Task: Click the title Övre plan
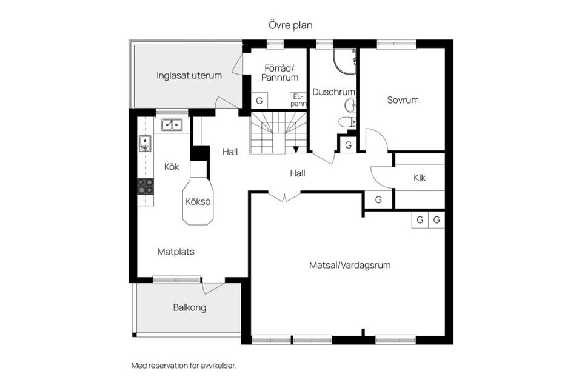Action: point(290,25)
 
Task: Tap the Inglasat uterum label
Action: point(189,76)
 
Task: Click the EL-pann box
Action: point(298,100)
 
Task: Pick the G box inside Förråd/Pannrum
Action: point(259,101)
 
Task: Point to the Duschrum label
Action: point(333,92)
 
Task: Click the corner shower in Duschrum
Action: point(345,60)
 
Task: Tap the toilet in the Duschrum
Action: point(348,122)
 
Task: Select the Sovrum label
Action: point(403,100)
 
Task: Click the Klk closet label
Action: point(420,178)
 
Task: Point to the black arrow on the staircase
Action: point(296,149)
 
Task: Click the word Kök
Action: point(172,167)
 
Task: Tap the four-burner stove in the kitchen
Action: point(145,186)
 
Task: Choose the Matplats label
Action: point(176,251)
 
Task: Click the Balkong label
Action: point(189,307)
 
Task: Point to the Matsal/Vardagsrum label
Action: point(349,265)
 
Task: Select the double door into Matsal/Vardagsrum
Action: point(284,196)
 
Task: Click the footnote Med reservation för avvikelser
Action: point(183,366)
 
